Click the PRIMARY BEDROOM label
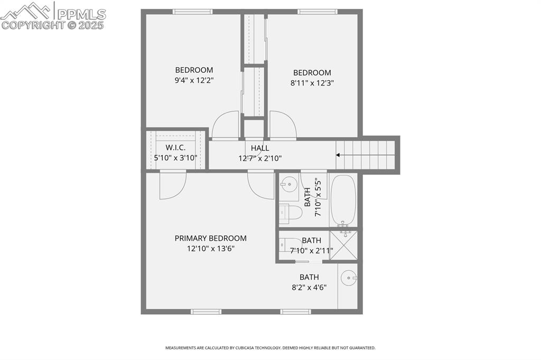point(210,238)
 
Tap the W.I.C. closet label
point(175,147)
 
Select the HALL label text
point(260,148)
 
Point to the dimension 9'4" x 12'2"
point(194,80)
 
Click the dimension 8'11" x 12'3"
point(312,83)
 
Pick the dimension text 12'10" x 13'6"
point(210,249)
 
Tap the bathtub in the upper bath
point(343,201)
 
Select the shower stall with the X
point(343,245)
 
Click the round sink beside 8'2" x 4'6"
point(349,278)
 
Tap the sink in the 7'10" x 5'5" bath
point(288,185)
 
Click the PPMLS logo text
point(81,14)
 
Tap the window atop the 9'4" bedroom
point(192,12)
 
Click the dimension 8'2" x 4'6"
point(309,288)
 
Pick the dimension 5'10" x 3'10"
point(175,157)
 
